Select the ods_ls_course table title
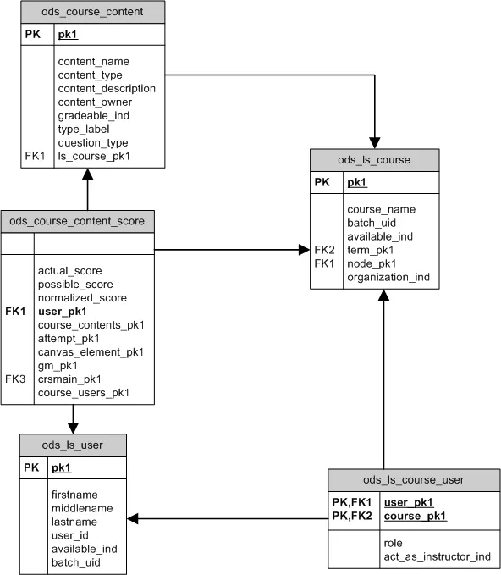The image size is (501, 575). [x=374, y=160]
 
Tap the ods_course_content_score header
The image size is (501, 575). [x=77, y=222]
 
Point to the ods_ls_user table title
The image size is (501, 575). [x=74, y=445]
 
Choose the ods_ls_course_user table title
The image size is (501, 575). [x=413, y=480]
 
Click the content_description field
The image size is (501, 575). [x=107, y=89]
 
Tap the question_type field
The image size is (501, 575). [x=93, y=143]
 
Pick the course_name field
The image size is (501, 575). [x=381, y=209]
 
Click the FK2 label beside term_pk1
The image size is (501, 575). [x=324, y=250]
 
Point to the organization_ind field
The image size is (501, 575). [x=388, y=277]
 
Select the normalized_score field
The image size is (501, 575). [x=82, y=298]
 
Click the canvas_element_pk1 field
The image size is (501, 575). [x=91, y=352]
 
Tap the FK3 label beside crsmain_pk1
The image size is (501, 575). [x=15, y=379]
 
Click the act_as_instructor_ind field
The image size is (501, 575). [x=436, y=556]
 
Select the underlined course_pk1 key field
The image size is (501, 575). [x=415, y=517]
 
